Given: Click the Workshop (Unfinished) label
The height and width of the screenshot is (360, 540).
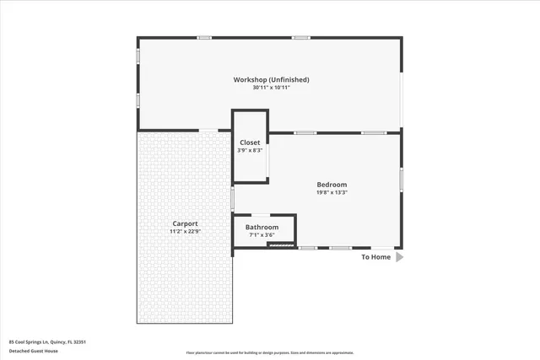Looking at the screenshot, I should (271, 79).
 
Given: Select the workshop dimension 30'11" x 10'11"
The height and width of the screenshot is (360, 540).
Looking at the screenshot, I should (271, 88).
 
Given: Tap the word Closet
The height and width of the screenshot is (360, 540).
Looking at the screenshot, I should (250, 142).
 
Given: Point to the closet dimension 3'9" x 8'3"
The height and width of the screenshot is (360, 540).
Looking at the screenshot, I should (250, 150).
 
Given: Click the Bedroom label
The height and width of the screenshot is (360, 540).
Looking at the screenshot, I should (332, 185).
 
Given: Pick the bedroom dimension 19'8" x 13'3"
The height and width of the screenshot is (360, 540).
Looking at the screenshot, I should (332, 192).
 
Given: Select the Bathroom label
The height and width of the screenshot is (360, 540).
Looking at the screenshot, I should (262, 227).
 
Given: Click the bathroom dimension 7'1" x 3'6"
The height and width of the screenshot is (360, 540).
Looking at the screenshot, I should (262, 234).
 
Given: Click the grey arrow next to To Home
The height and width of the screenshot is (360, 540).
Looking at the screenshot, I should (400, 257).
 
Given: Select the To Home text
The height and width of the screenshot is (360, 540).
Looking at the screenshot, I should (376, 257).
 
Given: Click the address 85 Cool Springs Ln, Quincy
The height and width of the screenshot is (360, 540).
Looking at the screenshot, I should (48, 341).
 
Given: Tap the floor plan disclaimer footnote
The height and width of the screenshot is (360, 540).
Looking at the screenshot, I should (270, 353).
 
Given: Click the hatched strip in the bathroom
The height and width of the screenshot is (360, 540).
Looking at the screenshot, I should (280, 244).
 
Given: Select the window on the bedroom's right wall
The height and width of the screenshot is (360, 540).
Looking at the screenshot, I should (402, 178).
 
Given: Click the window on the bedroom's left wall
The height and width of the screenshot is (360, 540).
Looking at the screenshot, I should (233, 197).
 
